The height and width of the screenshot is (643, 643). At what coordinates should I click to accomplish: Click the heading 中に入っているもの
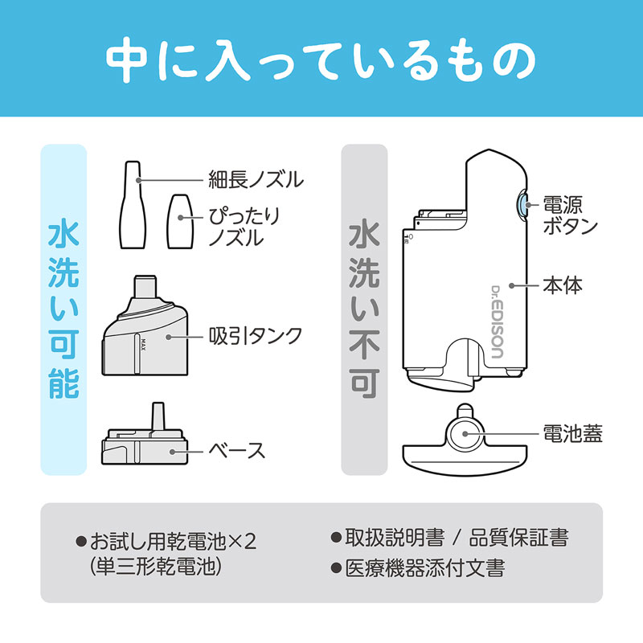[321, 58]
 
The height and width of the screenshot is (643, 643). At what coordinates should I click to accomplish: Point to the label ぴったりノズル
[245, 227]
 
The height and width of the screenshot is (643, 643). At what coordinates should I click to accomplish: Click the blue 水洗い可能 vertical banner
[63, 309]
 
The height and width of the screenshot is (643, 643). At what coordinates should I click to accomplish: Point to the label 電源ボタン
[571, 215]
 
